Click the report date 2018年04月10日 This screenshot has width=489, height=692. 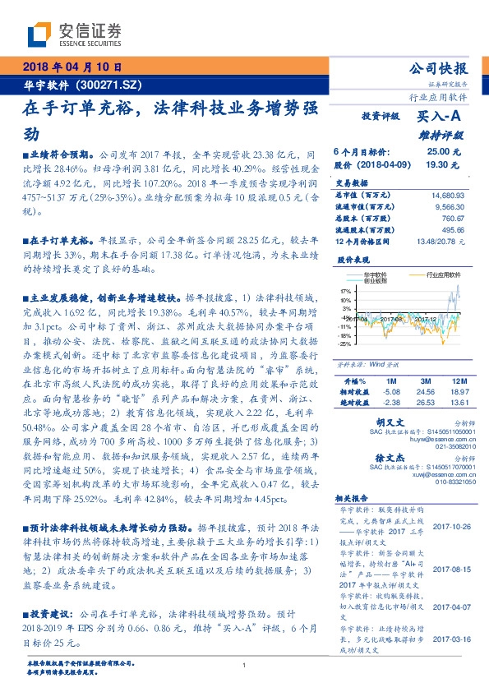pyautogui.click(x=71, y=67)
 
